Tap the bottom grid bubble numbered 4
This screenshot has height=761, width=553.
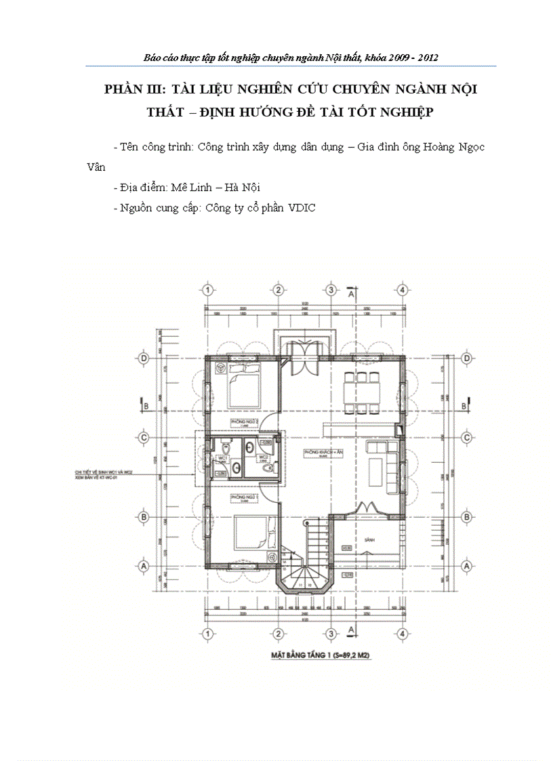pyautogui.click(x=403, y=634)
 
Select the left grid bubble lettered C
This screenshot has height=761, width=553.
pyautogui.click(x=144, y=438)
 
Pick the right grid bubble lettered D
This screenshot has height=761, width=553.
pyautogui.click(x=467, y=358)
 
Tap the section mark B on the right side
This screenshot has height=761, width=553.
pyautogui.click(x=464, y=405)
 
